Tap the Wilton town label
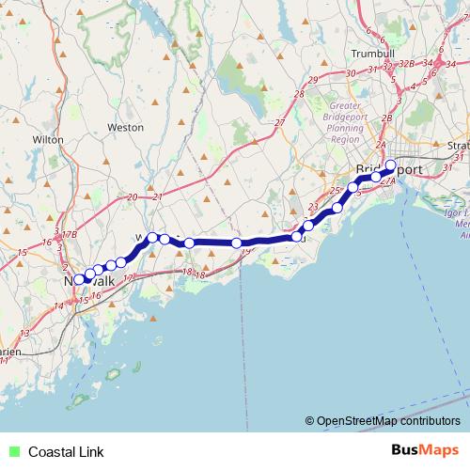[47, 139]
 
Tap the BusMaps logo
[425, 451]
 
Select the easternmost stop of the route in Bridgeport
[391, 165]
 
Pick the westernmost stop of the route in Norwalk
[80, 279]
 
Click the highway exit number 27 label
[280, 124]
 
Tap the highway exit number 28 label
[299, 94]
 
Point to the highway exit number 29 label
[313, 79]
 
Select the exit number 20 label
[132, 197]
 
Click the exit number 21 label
[157, 197]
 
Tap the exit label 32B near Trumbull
[406, 63]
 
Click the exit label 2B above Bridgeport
[386, 117]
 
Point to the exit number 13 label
[24, 333]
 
